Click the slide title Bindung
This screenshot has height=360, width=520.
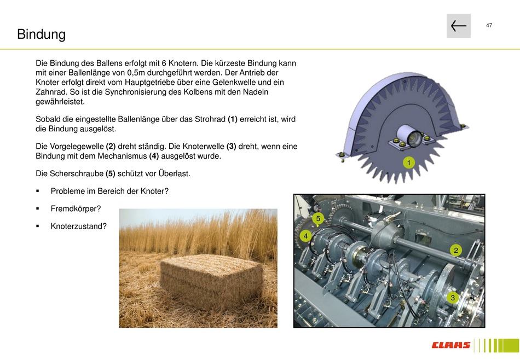click(42, 34)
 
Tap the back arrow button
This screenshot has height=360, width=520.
click(458, 26)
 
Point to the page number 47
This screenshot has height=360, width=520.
click(489, 25)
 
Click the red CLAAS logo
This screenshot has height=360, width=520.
click(450, 345)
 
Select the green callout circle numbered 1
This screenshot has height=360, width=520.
click(408, 162)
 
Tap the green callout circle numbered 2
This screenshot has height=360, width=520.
click(455, 250)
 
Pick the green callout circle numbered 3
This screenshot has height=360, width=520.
click(453, 297)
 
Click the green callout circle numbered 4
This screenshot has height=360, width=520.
click(305, 236)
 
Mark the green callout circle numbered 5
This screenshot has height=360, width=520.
click(318, 218)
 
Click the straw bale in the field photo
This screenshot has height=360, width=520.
click(211, 277)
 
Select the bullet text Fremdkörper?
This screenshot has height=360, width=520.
click(76, 208)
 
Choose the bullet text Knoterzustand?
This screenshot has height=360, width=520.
click(79, 226)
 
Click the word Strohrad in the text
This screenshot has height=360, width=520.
click(210, 119)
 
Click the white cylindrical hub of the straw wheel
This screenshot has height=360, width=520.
click(408, 136)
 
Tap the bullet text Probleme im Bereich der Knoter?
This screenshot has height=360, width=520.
click(109, 191)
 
